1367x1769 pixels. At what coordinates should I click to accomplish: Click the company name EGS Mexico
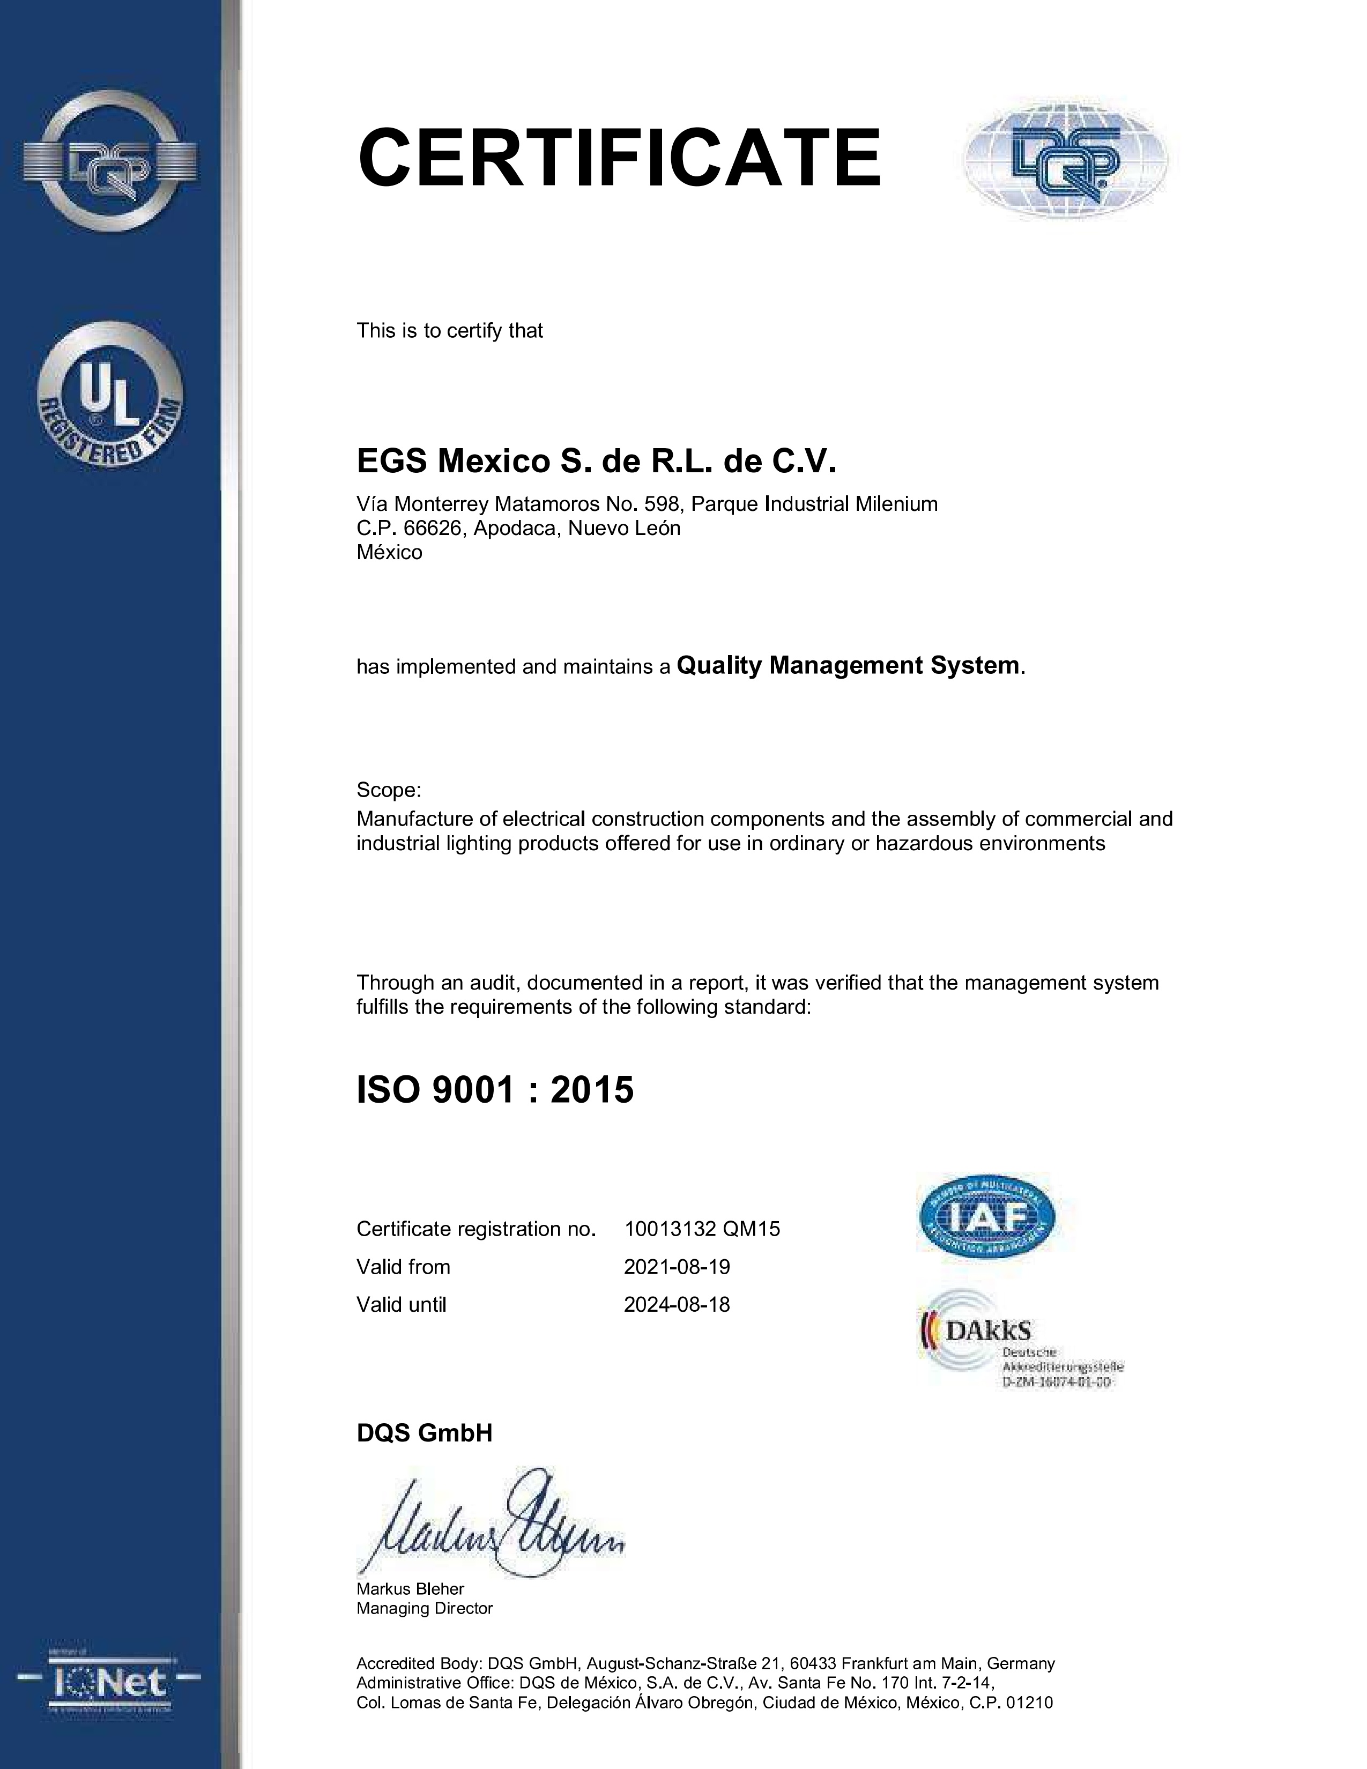click(596, 462)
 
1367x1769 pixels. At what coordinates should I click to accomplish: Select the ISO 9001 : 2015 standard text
click(495, 1090)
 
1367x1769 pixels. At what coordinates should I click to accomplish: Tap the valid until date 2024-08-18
click(676, 1305)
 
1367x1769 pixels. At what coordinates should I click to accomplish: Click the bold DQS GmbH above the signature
click(425, 1433)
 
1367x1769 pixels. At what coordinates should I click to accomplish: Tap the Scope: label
click(389, 790)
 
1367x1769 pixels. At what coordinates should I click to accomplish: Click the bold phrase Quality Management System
click(847, 666)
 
